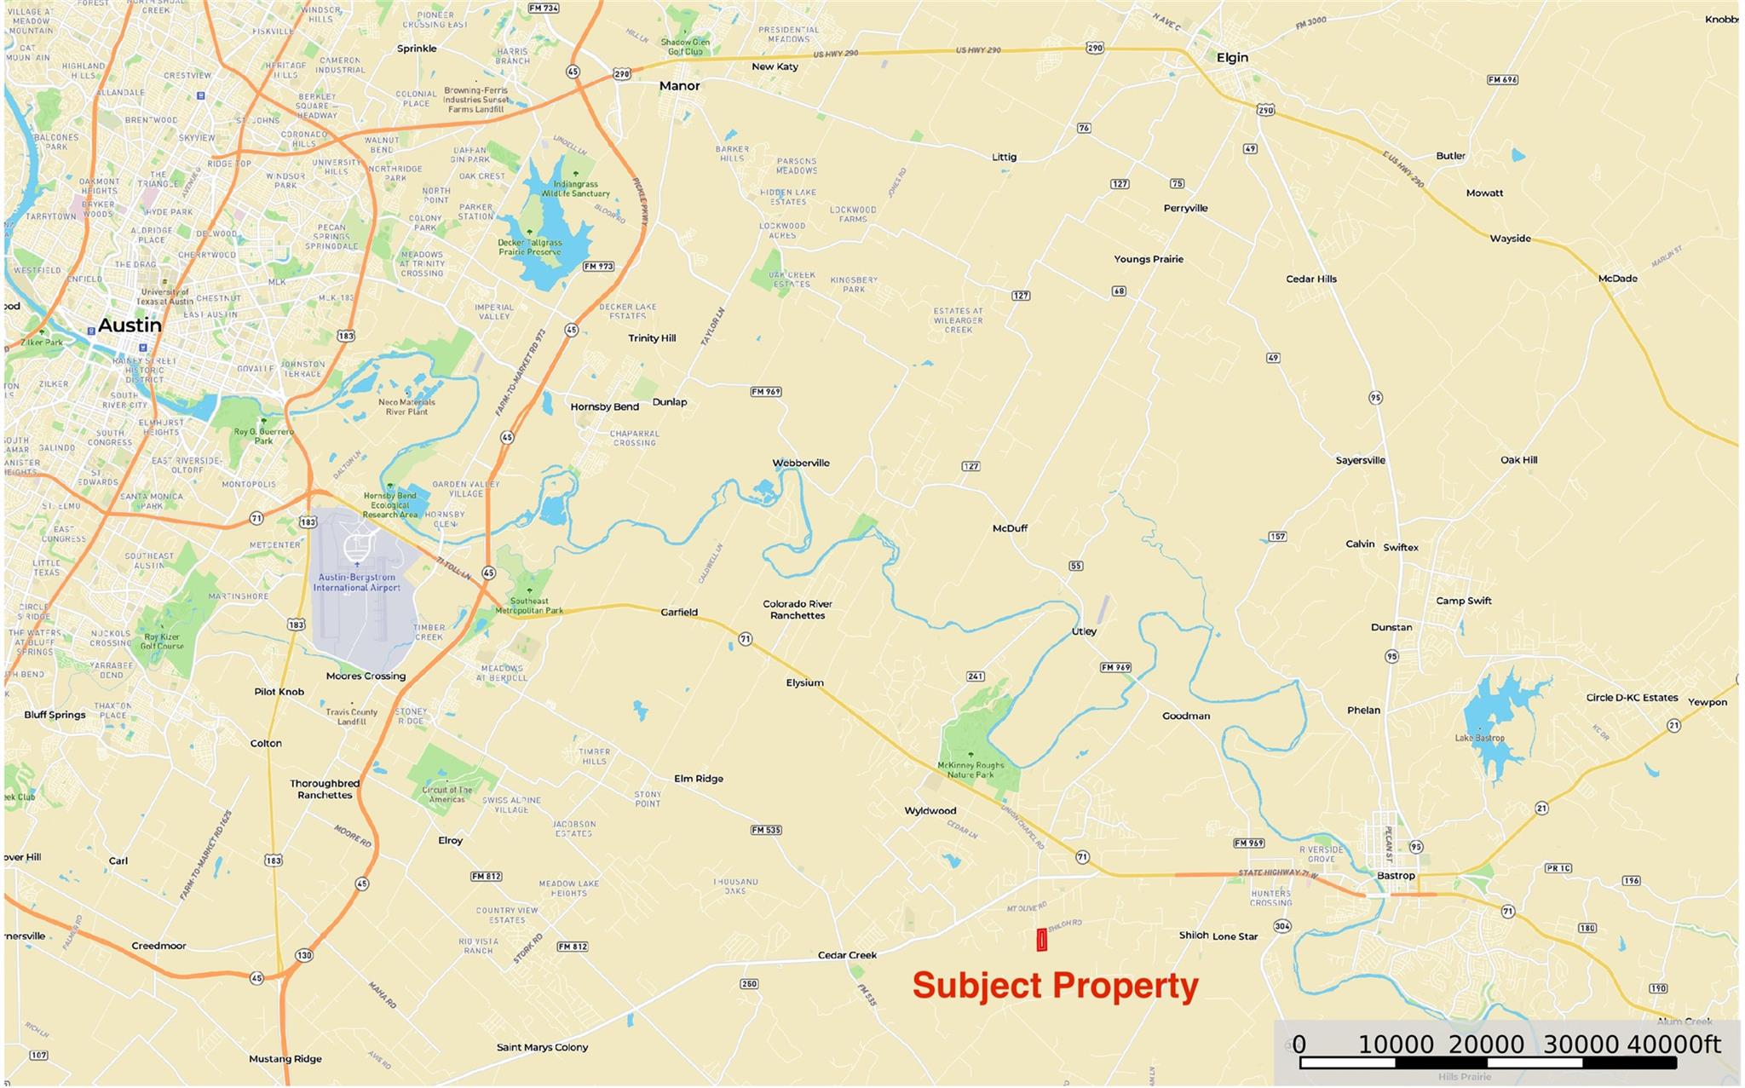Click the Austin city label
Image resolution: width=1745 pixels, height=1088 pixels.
[x=130, y=325]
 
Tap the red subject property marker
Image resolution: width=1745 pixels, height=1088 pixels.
[x=1041, y=940]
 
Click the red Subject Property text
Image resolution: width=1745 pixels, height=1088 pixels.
[x=1055, y=986]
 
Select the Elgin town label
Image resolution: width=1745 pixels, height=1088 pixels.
[x=1232, y=58]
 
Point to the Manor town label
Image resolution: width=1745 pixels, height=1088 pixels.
[x=679, y=86]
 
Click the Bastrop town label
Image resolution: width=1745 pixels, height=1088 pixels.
[x=1396, y=876]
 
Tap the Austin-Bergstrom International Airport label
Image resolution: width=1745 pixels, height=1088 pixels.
[x=356, y=583]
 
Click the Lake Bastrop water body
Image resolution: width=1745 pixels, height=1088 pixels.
[x=1495, y=724]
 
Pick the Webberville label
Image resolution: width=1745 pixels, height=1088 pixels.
[x=801, y=463]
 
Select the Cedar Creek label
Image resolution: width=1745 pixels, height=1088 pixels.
[x=847, y=955]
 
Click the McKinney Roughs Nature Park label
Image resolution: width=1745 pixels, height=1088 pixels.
[x=970, y=770]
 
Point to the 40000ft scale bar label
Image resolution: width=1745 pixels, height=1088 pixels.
[x=1673, y=1045]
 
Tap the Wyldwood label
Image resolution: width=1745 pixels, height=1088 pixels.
[x=930, y=811]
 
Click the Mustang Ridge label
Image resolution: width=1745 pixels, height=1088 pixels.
[x=285, y=1059]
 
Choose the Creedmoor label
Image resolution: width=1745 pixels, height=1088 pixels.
[x=158, y=946]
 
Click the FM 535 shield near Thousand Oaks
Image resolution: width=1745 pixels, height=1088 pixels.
[x=766, y=830]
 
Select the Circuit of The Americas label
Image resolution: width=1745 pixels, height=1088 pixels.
[x=446, y=794]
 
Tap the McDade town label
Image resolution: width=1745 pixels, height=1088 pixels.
[x=1617, y=279]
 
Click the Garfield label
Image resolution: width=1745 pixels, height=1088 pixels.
[x=679, y=613]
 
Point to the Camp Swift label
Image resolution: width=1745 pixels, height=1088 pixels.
[x=1463, y=601]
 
